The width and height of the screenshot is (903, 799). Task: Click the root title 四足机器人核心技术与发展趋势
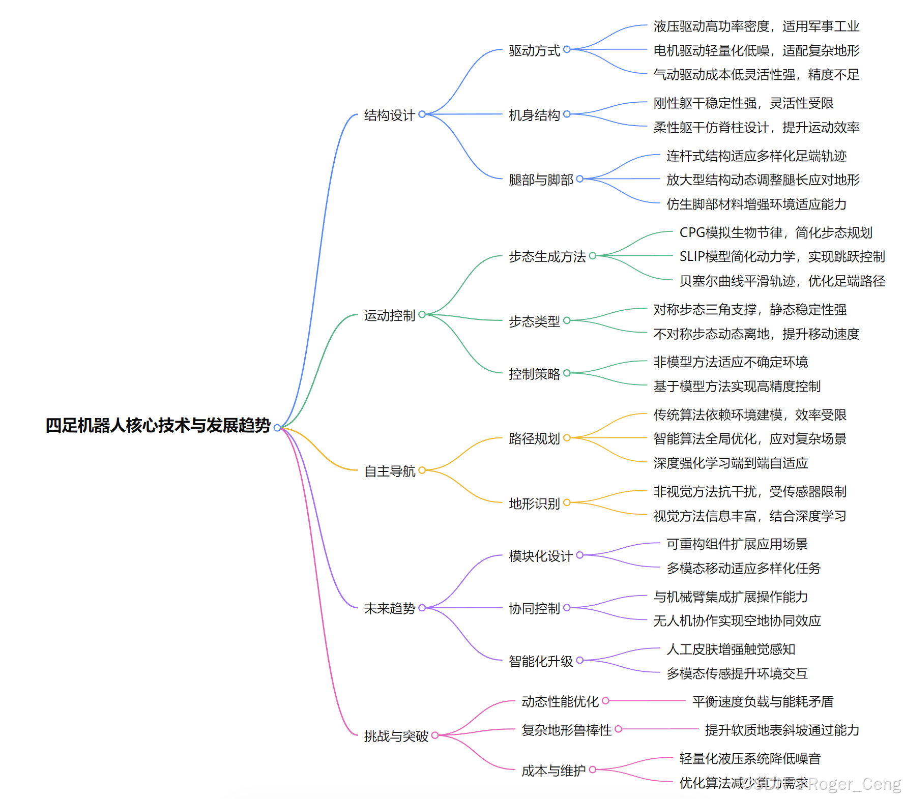click(158, 425)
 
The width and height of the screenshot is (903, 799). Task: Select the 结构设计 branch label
click(389, 115)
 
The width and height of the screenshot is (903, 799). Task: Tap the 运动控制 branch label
click(389, 315)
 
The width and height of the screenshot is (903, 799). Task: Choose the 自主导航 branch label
click(389, 471)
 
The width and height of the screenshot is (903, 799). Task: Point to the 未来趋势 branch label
click(389, 608)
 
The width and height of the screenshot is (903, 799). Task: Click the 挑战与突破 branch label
click(396, 736)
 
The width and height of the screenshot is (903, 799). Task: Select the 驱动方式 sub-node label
click(534, 50)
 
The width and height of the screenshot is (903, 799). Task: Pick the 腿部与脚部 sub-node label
click(540, 180)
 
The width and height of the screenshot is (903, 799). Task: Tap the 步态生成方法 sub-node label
click(547, 256)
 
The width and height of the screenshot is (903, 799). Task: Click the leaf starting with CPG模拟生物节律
click(775, 232)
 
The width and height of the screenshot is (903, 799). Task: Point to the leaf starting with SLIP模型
click(782, 256)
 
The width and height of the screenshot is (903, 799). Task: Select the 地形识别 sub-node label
click(534, 504)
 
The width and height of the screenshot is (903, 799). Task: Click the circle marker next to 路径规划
click(567, 437)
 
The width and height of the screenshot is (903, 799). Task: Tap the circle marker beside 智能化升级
click(580, 660)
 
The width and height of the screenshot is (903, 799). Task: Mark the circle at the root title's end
click(277, 428)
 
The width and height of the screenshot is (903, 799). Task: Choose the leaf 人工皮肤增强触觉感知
click(731, 649)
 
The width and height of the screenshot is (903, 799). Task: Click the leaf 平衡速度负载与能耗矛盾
click(763, 701)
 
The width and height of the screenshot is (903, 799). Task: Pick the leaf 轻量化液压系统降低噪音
click(750, 758)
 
